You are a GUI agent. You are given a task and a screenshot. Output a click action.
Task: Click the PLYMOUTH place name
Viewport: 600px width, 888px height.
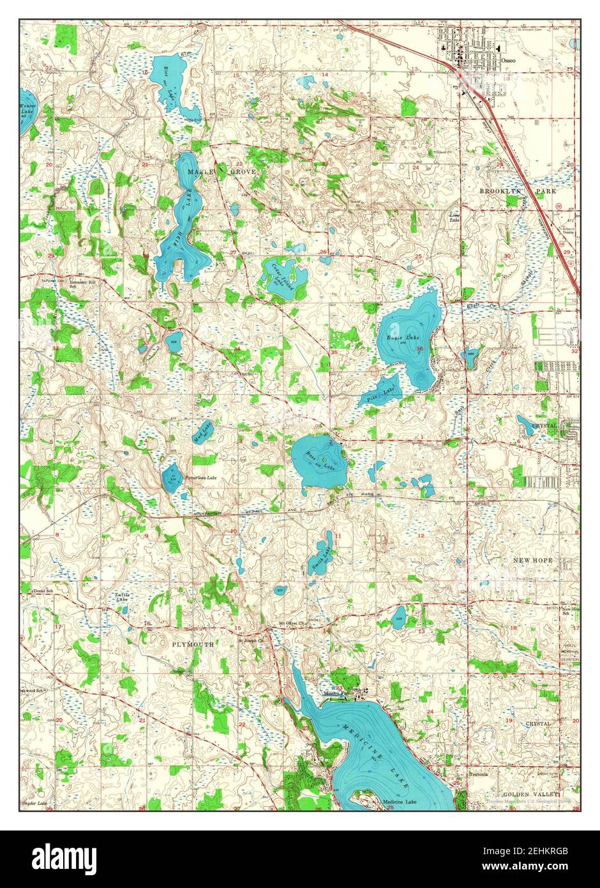click(193, 645)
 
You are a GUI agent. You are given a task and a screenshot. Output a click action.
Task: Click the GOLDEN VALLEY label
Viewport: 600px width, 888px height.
click(530, 794)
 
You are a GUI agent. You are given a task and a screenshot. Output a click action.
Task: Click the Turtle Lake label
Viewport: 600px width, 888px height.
click(122, 598)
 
